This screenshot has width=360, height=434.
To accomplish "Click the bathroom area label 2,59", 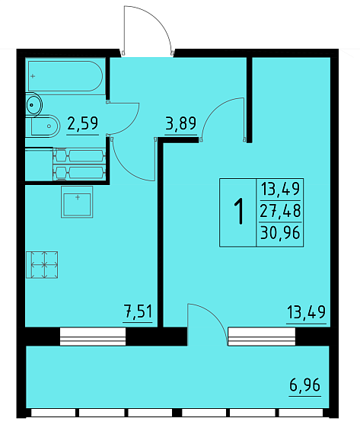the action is (x=83, y=123).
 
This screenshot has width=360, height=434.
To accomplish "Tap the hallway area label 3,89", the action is (x=180, y=123).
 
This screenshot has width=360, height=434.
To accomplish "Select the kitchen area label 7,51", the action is (x=138, y=311).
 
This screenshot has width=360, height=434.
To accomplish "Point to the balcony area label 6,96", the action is (x=304, y=385).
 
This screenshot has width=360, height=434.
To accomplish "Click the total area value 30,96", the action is (x=280, y=233).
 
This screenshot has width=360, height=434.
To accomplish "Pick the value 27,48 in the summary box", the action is (x=280, y=211).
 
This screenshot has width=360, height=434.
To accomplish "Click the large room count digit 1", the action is (x=239, y=211).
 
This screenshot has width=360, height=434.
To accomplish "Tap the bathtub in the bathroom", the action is (x=65, y=76).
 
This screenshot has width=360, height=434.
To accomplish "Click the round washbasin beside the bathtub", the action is (x=33, y=104).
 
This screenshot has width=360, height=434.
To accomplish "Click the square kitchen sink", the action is (x=77, y=202).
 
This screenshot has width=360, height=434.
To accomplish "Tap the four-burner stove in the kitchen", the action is (x=42, y=265).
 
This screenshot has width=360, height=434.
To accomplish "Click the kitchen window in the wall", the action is (x=93, y=337).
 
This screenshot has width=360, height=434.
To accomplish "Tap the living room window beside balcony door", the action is (x=262, y=337).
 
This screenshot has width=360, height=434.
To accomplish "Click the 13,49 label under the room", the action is (x=306, y=312).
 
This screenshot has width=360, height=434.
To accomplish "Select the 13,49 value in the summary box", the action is (x=280, y=189).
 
